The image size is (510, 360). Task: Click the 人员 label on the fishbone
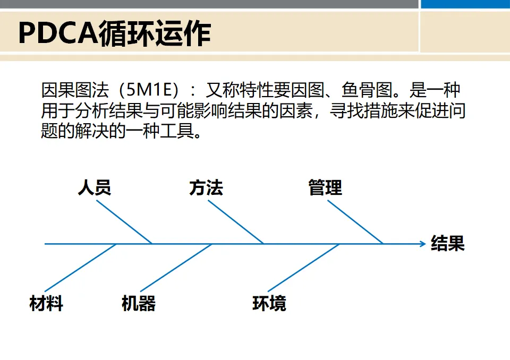click(x=94, y=187)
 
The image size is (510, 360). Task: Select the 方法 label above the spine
click(x=206, y=187)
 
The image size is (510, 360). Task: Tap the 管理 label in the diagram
click(x=325, y=187)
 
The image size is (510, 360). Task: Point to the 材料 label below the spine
click(x=46, y=304)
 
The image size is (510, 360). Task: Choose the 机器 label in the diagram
click(x=138, y=304)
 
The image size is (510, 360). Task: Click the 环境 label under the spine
click(x=269, y=304)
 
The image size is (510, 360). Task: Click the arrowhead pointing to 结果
click(x=422, y=244)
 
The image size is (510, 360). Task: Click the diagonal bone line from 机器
click(x=177, y=268)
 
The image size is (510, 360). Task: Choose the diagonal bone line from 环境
click(x=304, y=268)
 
